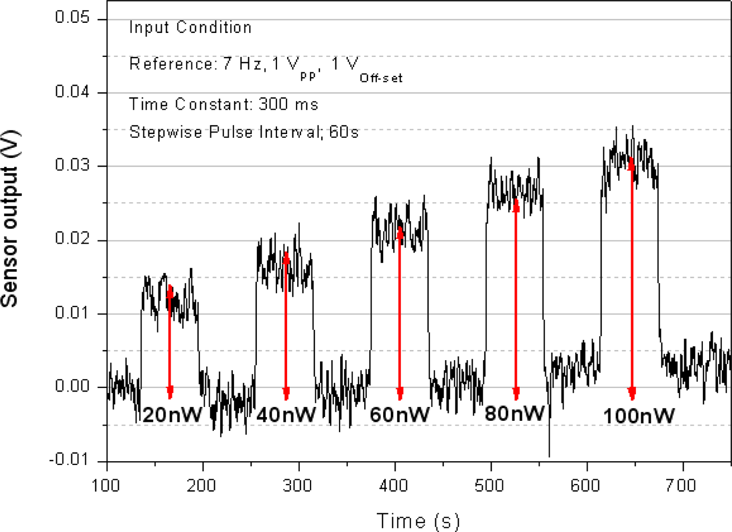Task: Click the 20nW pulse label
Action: pyautogui.click(x=172, y=415)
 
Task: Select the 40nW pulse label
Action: pyautogui.click(x=286, y=415)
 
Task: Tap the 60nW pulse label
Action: pyautogui.click(x=400, y=415)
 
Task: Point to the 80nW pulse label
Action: pyautogui.click(x=515, y=413)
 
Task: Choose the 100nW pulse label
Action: pyautogui.click(x=638, y=416)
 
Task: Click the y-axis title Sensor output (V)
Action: pyautogui.click(x=10, y=218)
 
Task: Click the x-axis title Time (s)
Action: pyautogui.click(x=418, y=521)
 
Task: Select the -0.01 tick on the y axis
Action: pyautogui.click(x=69, y=459)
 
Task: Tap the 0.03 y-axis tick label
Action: pyautogui.click(x=72, y=165)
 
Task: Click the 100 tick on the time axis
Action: pyautogui.click(x=106, y=486)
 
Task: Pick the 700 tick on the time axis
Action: pyautogui.click(x=681, y=486)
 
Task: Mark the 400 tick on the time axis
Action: pyautogui.click(x=393, y=486)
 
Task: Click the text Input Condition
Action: pyautogui.click(x=190, y=28)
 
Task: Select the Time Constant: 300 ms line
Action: pyautogui.click(x=223, y=104)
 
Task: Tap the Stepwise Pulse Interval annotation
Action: pyautogui.click(x=244, y=132)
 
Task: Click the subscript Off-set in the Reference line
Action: pyautogui.click(x=381, y=78)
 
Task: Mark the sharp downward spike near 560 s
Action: pyautogui.click(x=549, y=442)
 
